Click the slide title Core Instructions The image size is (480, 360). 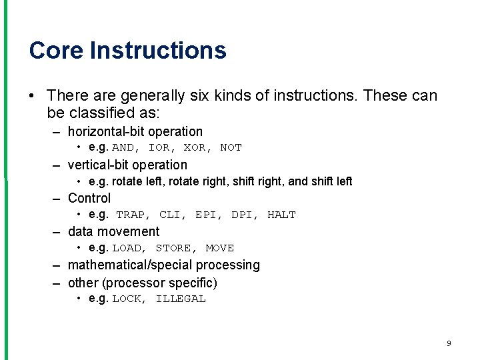127,51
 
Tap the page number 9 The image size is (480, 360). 449,343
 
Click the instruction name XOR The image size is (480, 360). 195,148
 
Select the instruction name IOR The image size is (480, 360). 159,148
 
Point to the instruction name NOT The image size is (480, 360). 231,148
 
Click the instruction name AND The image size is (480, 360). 123,148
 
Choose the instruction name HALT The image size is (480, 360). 281,215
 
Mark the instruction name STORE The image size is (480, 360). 173,248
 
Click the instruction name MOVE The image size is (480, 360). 220,248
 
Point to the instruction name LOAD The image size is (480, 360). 127,248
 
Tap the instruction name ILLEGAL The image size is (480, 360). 181,299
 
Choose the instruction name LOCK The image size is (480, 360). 127,299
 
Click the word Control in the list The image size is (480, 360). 89,198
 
